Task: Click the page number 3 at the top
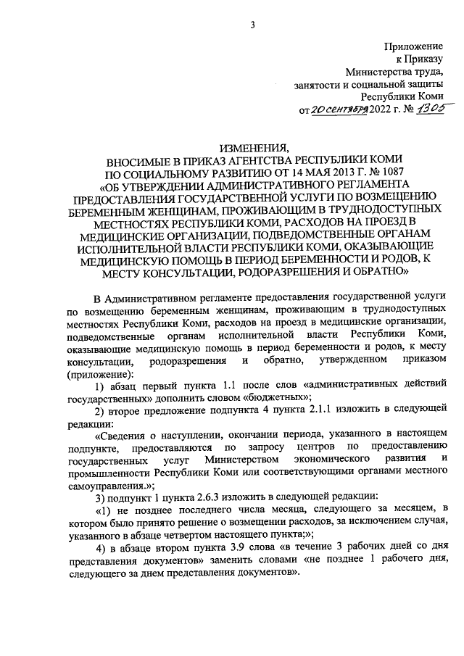(253, 26)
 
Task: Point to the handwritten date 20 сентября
(339, 111)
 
